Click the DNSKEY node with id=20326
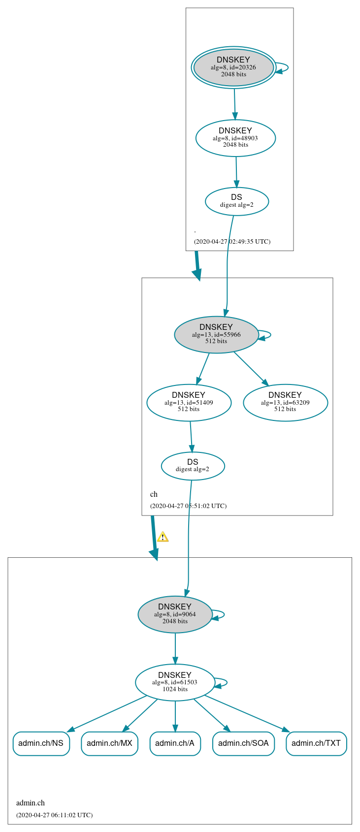point(233,67)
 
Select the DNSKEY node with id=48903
point(235,138)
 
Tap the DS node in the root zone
point(237,201)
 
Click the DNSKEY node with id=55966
point(216,334)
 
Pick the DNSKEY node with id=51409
point(189,403)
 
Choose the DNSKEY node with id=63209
point(285,403)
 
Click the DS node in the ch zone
point(193,466)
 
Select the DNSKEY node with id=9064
point(175,614)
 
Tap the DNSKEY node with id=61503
point(175,682)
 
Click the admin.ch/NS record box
point(41,743)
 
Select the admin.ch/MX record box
point(109,743)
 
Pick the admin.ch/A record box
point(175,743)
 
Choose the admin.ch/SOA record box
point(243,743)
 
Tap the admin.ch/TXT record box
point(316,743)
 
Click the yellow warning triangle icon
point(163,537)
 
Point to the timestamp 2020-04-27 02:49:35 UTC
point(232,242)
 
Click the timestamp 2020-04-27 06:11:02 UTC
point(54,815)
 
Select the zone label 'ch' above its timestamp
point(154,494)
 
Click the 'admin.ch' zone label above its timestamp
point(31,803)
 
